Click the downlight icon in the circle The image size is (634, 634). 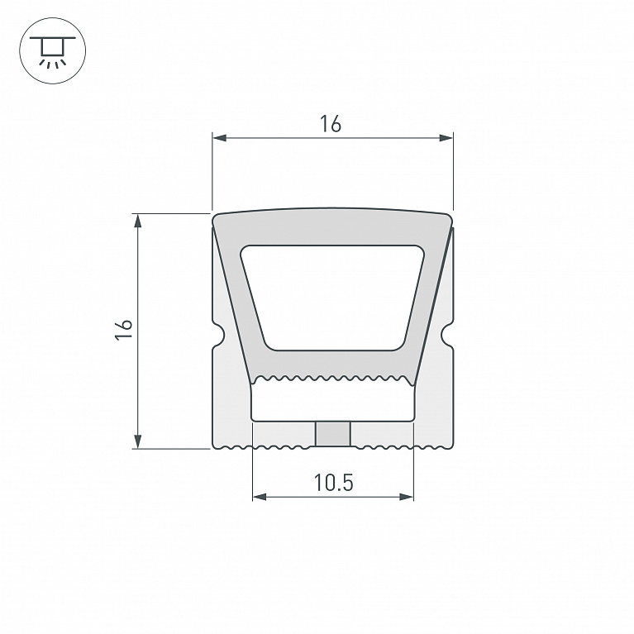point(53,51)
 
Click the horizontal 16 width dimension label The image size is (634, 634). point(331,124)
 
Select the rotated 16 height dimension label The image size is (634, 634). point(124,330)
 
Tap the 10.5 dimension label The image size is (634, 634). point(333,483)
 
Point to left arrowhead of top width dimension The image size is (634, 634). point(219,138)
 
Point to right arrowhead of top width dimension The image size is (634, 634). point(446,138)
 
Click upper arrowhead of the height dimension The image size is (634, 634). point(138,221)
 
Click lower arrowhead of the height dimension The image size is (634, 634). point(138,441)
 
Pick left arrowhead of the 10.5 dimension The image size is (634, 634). point(260,497)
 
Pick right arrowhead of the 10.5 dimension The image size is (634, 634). point(407,497)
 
